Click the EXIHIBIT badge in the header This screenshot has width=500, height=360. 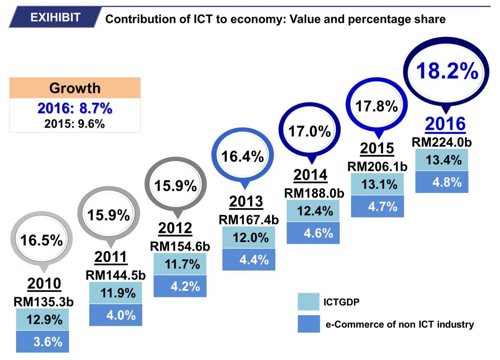pyautogui.click(x=55, y=17)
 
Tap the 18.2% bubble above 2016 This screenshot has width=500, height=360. pyautogui.click(x=447, y=71)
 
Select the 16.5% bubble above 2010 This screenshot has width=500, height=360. pyautogui.click(x=41, y=240)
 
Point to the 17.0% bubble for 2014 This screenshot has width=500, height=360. pyautogui.click(x=309, y=131)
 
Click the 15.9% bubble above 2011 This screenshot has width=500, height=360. pyautogui.click(x=109, y=215)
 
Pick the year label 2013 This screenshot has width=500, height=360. pyautogui.click(x=246, y=202)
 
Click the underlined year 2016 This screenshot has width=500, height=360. pyautogui.click(x=445, y=124)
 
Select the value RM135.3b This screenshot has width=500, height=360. pyautogui.click(x=43, y=302)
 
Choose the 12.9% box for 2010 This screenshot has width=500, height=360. pyautogui.click(x=43, y=319)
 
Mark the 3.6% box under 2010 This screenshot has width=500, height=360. pyautogui.click(x=43, y=342)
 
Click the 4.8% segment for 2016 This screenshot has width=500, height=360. pyautogui.click(x=442, y=182)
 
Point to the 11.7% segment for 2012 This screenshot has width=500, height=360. pyautogui.click(x=180, y=264)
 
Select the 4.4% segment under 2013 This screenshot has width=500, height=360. pyautogui.click(x=249, y=260)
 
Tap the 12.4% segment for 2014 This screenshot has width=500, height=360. pyautogui.click(x=313, y=211)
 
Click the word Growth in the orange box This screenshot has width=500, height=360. pyautogui.click(x=75, y=88)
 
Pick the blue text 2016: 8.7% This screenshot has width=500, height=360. pyautogui.click(x=75, y=109)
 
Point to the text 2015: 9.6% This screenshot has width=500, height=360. pyautogui.click(x=74, y=124)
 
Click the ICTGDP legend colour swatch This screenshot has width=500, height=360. pyautogui.click(x=309, y=302)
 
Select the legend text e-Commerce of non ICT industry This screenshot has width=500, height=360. pyautogui.click(x=400, y=325)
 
